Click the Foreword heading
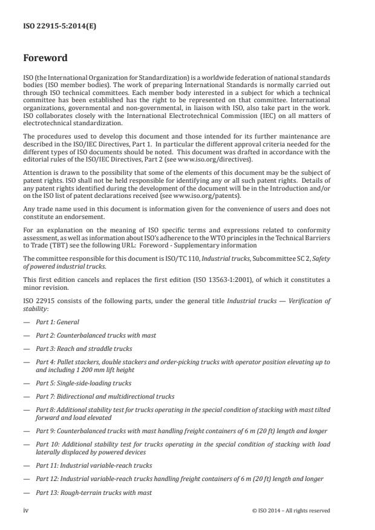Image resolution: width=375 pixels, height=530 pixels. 45,59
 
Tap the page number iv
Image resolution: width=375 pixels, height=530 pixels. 26,510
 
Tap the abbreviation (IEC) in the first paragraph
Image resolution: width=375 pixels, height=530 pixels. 278,115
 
